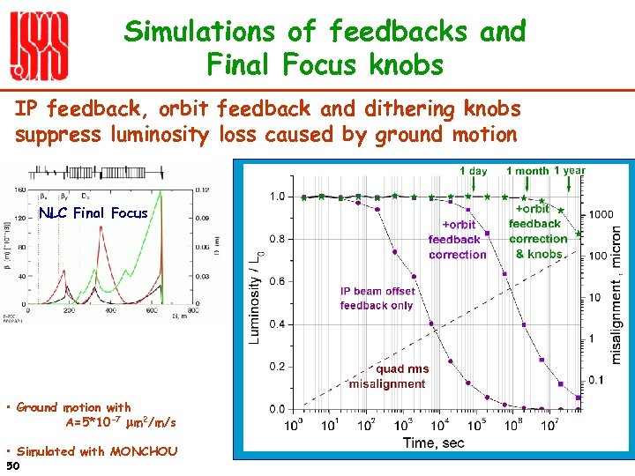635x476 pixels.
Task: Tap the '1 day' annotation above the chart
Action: [x=474, y=171]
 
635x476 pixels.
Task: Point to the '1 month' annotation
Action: [x=527, y=171]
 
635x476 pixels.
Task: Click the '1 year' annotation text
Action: [x=570, y=170]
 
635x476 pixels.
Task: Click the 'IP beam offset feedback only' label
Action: [x=377, y=298]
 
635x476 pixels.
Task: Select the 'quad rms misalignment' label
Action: [x=388, y=376]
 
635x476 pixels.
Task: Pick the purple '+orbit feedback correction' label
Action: [x=458, y=240]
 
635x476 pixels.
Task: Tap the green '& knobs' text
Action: [x=539, y=253]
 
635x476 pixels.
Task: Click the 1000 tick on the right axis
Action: [x=602, y=214]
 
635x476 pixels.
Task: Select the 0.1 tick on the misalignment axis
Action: [x=596, y=380]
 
